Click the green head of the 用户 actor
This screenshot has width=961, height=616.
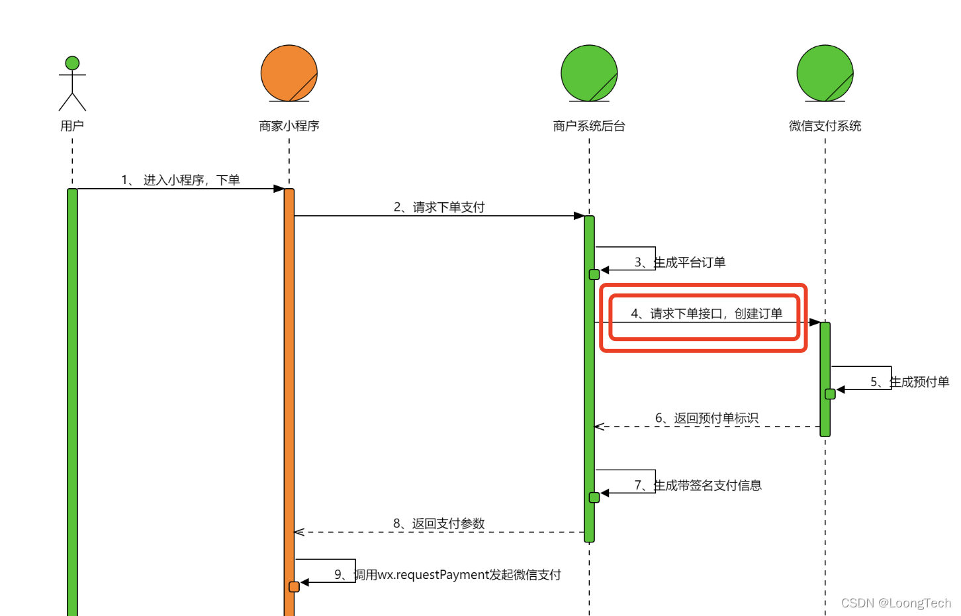tap(72, 63)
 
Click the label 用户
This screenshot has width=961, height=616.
tap(72, 126)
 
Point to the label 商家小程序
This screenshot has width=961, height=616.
tap(289, 126)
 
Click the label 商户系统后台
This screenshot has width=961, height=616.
tap(589, 126)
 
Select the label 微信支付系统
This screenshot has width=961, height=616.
tap(825, 126)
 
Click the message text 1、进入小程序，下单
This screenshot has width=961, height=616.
tap(180, 180)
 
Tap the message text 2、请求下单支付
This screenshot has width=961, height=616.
tap(439, 207)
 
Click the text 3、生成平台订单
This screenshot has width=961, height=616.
tap(680, 262)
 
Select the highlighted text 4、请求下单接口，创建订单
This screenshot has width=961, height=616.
tap(706, 313)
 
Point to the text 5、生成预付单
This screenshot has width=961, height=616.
tap(909, 382)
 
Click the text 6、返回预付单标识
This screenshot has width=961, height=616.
tap(706, 418)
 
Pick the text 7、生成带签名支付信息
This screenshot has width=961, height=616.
tap(698, 486)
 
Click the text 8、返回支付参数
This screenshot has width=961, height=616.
tap(439, 524)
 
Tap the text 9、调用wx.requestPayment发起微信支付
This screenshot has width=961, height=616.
tap(447, 575)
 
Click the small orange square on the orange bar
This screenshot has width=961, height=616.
tap(295, 587)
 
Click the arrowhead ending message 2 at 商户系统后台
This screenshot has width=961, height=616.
tap(579, 216)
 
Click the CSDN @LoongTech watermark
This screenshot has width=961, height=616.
tap(896, 603)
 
